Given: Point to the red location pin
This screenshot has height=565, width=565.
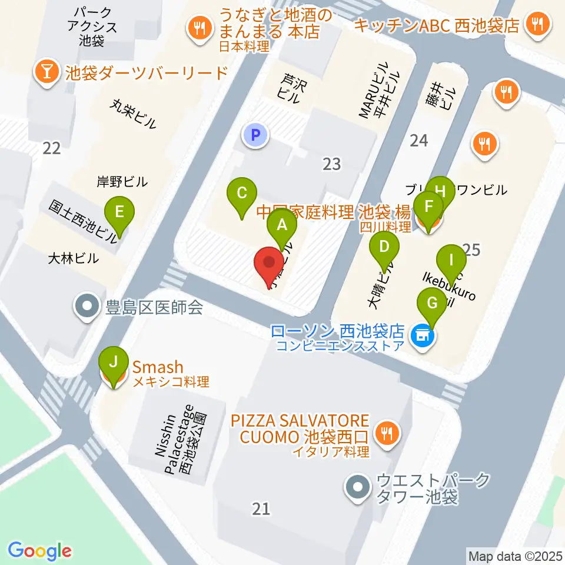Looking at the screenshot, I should click(x=269, y=264).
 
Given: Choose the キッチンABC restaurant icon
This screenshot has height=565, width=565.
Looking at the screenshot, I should click(x=536, y=25).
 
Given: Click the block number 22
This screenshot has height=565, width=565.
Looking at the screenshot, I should click(x=52, y=148).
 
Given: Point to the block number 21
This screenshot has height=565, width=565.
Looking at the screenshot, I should click(x=261, y=508).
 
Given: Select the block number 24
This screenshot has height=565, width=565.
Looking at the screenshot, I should click(x=418, y=140).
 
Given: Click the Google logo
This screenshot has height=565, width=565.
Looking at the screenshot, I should click(x=39, y=551).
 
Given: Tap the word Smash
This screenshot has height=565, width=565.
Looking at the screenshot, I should click(x=158, y=368).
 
